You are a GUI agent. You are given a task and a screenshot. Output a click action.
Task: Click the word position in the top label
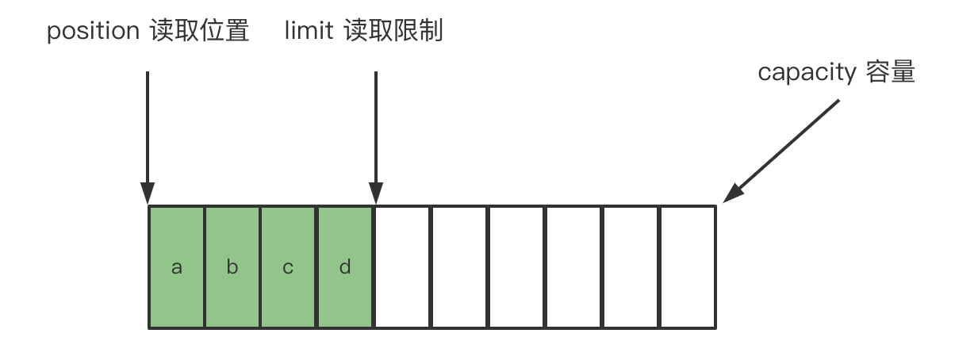(93, 32)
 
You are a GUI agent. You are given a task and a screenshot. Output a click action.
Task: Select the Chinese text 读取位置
(199, 32)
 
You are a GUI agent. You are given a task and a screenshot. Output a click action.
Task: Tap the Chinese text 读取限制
(393, 32)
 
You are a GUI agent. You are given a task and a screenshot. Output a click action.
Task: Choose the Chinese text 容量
(891, 73)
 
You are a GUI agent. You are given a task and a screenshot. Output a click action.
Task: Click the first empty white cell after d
(402, 267)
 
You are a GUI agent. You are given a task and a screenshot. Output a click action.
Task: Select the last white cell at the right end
(688, 267)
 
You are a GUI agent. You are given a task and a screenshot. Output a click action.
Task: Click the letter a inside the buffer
(177, 267)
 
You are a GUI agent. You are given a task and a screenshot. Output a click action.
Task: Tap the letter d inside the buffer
(345, 267)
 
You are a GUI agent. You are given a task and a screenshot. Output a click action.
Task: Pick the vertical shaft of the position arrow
(148, 127)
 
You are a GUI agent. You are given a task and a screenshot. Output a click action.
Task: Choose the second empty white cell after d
(459, 267)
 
